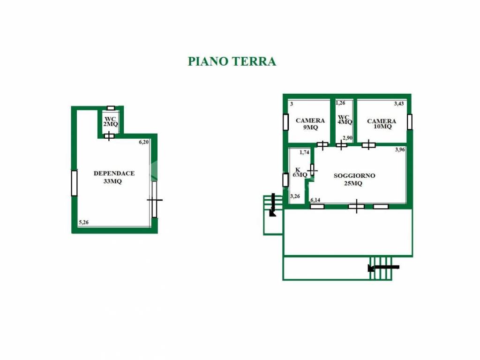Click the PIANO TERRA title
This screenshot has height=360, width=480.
232,61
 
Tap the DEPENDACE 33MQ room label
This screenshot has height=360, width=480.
114,177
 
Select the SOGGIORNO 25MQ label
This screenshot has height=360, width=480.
354,180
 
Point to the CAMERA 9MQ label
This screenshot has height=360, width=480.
310,124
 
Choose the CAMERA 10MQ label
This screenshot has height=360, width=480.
382,124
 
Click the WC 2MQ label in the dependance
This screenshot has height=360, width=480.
111,121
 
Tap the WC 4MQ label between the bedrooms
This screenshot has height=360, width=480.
345,119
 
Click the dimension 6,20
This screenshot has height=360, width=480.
143,142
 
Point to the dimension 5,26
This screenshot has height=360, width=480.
84,223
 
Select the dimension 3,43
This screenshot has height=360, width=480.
398,104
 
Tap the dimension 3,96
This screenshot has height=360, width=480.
399,150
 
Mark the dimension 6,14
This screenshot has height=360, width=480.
315,200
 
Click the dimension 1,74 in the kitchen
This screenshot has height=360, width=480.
304,152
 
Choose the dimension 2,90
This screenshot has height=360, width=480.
347,138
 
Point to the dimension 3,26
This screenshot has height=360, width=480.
295,196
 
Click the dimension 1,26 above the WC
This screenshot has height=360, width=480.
340,103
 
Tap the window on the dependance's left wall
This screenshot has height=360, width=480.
74,183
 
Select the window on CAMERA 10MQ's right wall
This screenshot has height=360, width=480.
409,122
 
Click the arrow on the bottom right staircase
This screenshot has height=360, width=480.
383,268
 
